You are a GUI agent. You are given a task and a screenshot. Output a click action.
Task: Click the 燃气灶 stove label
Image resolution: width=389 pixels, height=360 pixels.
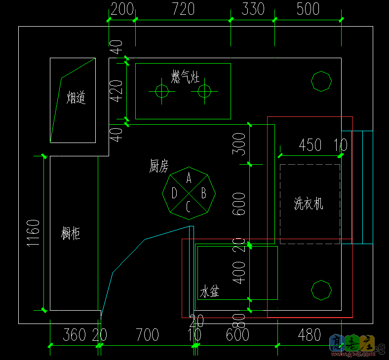pos(185,77)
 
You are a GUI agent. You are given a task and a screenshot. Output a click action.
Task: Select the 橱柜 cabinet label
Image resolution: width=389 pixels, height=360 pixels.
pos(71,233)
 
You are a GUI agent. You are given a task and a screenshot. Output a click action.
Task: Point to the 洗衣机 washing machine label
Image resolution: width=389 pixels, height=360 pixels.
pos(309,203)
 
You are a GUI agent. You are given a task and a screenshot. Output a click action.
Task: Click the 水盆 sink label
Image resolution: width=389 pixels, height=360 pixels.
pos(209,292)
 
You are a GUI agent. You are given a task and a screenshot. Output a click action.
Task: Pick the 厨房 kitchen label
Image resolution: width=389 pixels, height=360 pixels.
pos(159,167)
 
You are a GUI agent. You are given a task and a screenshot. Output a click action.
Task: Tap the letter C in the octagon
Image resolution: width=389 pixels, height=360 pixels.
pos(189,207)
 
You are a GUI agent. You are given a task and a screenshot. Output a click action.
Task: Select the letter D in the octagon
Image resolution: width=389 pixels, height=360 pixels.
pos(174,193)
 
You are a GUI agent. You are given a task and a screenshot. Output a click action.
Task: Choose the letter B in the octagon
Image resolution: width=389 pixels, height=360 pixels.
pos(203,193)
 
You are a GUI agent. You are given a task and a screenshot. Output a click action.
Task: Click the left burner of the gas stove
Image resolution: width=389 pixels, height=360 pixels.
pos(161,91)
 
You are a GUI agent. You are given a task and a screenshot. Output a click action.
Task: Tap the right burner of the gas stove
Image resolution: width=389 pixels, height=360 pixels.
pos(204,91)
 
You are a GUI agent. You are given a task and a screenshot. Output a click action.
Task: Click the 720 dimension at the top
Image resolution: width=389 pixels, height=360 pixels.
pos(183,9)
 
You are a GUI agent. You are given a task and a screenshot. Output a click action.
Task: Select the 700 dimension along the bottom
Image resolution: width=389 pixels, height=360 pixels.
pos(147,335)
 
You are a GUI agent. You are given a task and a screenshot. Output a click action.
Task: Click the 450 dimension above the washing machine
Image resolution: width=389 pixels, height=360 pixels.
pos(310,145)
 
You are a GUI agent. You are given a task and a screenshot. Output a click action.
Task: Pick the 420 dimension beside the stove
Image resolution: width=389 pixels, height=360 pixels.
pos(116,91)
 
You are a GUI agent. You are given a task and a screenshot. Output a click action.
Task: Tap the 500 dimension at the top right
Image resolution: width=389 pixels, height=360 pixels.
pos(308,9)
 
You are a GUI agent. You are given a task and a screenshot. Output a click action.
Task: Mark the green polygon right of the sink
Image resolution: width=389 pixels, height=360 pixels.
pos(321,290)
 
